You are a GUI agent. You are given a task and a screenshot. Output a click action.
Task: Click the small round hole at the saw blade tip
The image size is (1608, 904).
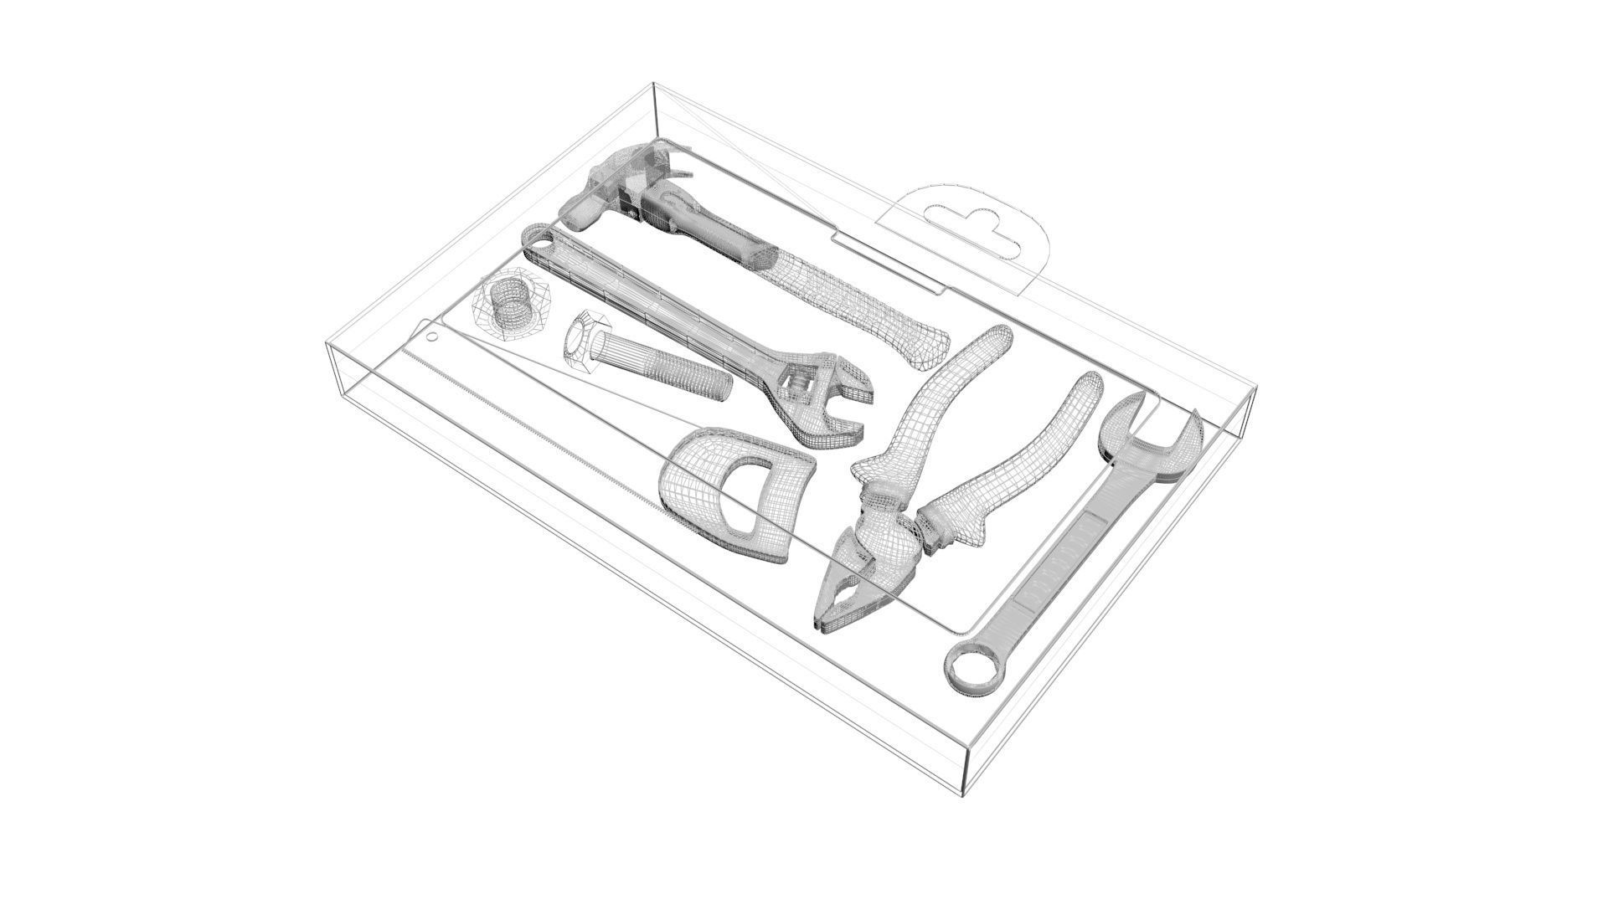tap(432, 337)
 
